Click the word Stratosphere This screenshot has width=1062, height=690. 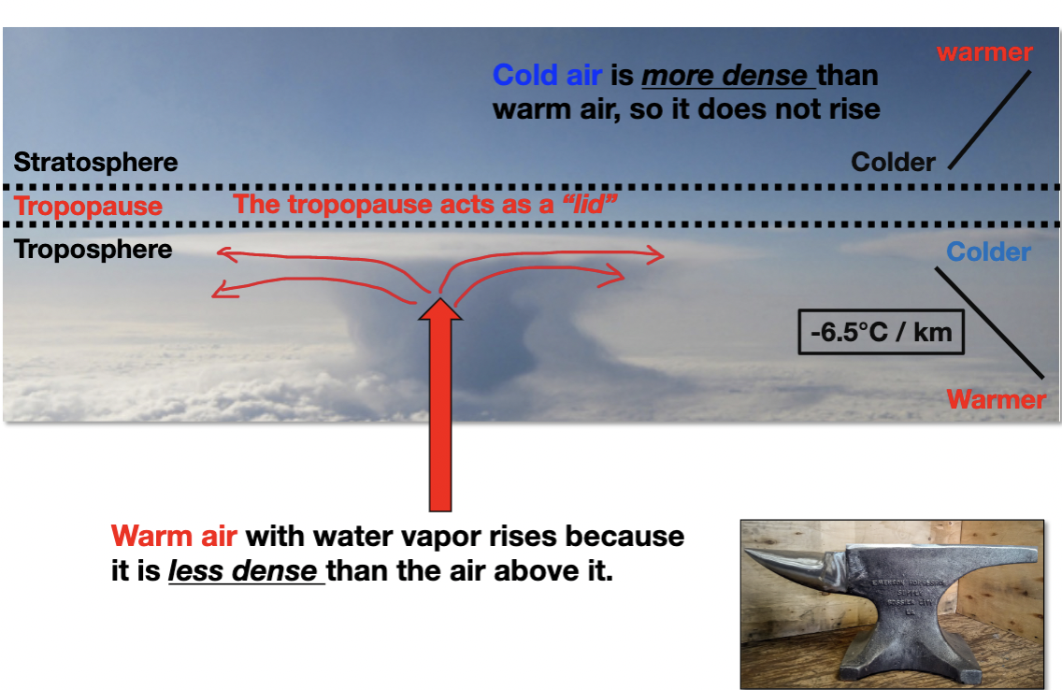pos(96,162)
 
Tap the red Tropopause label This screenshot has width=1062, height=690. pos(89,206)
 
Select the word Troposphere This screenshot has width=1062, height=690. pos(93,250)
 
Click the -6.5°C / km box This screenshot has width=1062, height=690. pos(880,332)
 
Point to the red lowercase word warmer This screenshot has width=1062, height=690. pos(984,52)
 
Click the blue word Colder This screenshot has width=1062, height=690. pos(988,252)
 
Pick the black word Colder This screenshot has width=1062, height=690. pos(893,163)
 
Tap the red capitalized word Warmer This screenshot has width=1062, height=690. pos(996,400)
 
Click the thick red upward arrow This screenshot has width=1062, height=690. pos(439,402)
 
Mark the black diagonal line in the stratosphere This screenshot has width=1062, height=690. pos(990,119)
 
